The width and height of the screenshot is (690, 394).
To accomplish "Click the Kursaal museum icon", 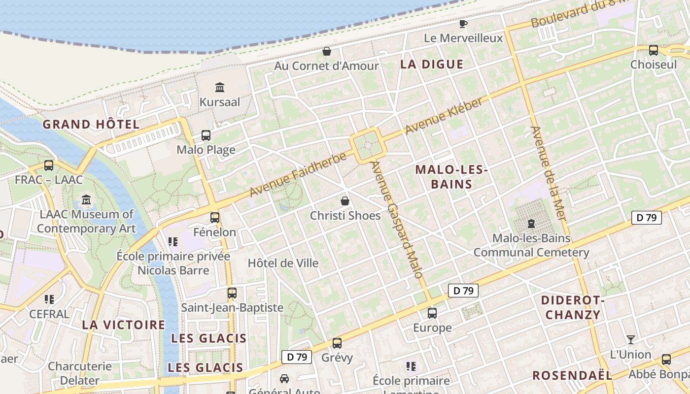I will pos(220,88).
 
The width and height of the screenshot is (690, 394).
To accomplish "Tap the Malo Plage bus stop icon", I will pos(206,135).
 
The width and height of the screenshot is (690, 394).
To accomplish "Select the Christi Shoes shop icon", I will pos(345,201).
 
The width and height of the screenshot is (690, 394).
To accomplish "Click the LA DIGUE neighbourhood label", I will pos(432,64).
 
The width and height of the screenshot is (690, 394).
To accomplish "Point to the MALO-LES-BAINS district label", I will pos(451,177).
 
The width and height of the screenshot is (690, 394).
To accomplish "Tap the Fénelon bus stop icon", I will pos(215,217).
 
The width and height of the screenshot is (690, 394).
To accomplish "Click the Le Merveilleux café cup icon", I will pos(463,24).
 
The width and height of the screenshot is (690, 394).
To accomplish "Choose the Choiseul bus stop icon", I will pos(654,50).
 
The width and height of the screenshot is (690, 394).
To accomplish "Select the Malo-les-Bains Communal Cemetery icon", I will pos(531,224).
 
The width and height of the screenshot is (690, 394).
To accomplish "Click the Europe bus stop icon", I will pos(432,313).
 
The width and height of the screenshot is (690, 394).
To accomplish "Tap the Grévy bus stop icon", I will pos(337,343).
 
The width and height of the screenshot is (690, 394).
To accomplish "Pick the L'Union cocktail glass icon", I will pos(630,340).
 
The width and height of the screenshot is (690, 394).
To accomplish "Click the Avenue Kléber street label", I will pos(443,116).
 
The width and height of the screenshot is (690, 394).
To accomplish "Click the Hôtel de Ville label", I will pos(283,263).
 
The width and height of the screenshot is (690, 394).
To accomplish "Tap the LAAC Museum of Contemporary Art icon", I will pos(87,200).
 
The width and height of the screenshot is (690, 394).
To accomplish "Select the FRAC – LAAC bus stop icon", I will pos(49,165).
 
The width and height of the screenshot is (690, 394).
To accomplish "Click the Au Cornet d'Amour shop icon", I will pos(326,51).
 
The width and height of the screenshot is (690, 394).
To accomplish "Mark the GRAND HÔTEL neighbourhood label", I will pos(91,124).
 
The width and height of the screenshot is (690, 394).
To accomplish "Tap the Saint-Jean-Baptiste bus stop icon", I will pos(232,293).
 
